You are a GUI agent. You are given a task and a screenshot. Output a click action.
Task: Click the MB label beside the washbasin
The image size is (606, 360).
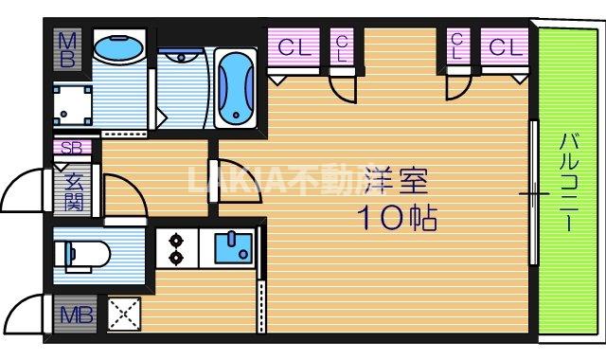[x=68, y=48]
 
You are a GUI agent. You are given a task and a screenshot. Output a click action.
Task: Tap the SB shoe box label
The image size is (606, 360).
[x=72, y=148]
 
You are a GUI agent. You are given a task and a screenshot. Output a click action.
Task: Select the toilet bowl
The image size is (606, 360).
[x=86, y=253]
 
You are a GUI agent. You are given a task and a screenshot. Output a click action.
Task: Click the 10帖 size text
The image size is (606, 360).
[x=396, y=220]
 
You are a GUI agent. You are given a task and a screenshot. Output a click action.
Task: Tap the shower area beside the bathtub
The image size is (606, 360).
[x=182, y=85]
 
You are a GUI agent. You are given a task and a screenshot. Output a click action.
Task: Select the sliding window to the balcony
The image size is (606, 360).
[x=534, y=194]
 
